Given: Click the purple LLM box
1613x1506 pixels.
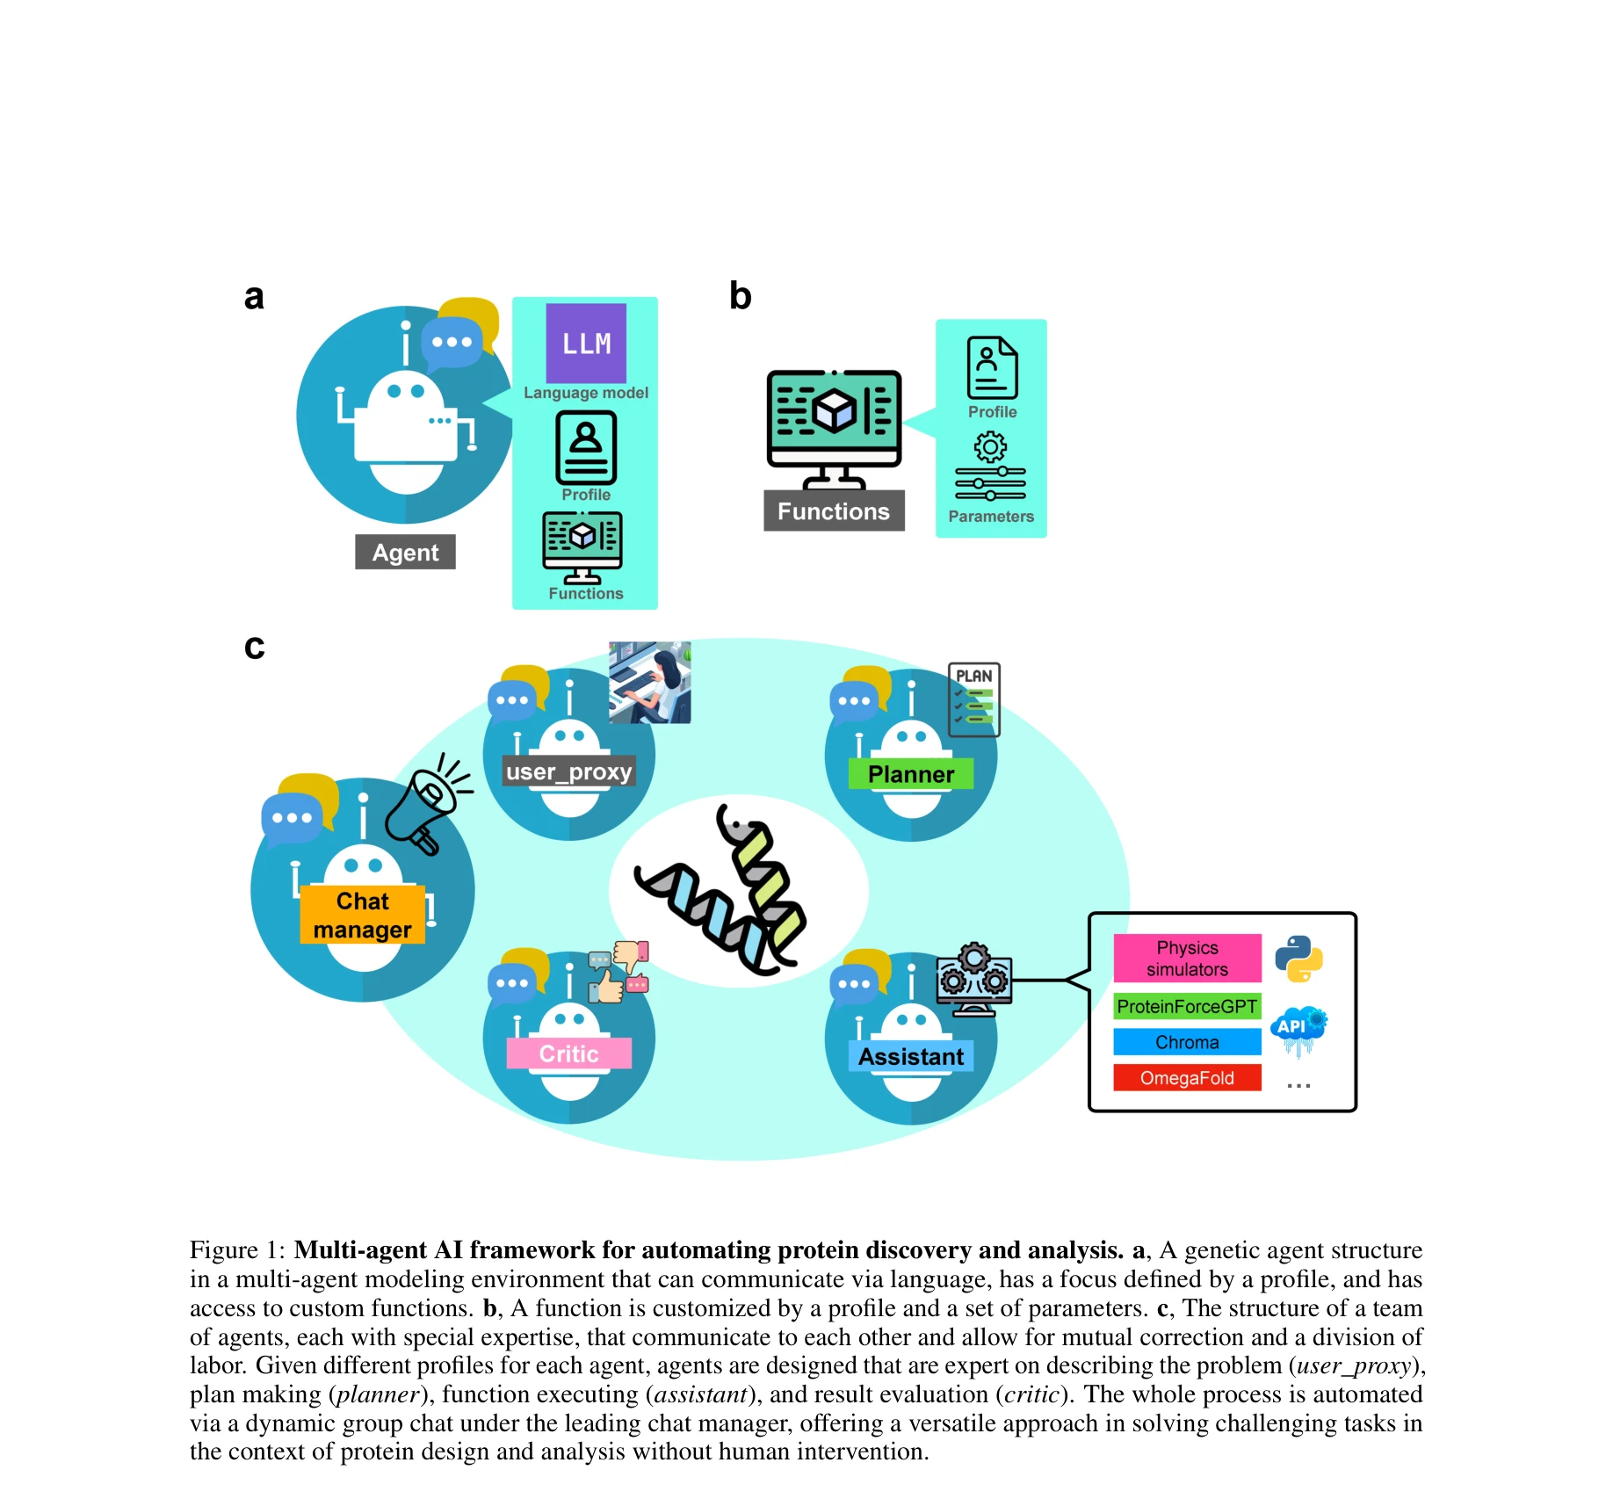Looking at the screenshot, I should pos(586,343).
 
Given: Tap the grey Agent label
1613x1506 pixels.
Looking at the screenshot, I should pos(405,552).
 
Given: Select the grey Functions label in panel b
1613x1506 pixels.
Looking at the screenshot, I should pos(833,510).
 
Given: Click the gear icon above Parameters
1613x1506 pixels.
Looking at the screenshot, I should pos(990,447).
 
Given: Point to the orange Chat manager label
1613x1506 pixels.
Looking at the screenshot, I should pos(362,915).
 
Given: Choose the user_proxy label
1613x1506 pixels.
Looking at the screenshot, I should pos(568,771).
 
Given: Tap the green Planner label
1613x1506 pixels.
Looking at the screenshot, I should pos(910,773).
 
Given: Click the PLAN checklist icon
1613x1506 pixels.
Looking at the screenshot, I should pos(974,699).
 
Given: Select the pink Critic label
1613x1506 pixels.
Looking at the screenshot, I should pos(568,1053).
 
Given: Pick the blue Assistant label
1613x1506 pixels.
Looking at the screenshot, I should pos(910,1056).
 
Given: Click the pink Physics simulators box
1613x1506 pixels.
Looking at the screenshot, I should pos(1187,958).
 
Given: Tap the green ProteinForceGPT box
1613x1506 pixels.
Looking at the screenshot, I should pos(1187,1006).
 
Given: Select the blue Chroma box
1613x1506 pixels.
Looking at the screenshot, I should pos(1187,1042).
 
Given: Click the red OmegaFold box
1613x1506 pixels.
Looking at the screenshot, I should pos(1187,1078).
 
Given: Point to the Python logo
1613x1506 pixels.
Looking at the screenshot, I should pos(1298,958).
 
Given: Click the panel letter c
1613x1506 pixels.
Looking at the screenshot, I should pos(254,647).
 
